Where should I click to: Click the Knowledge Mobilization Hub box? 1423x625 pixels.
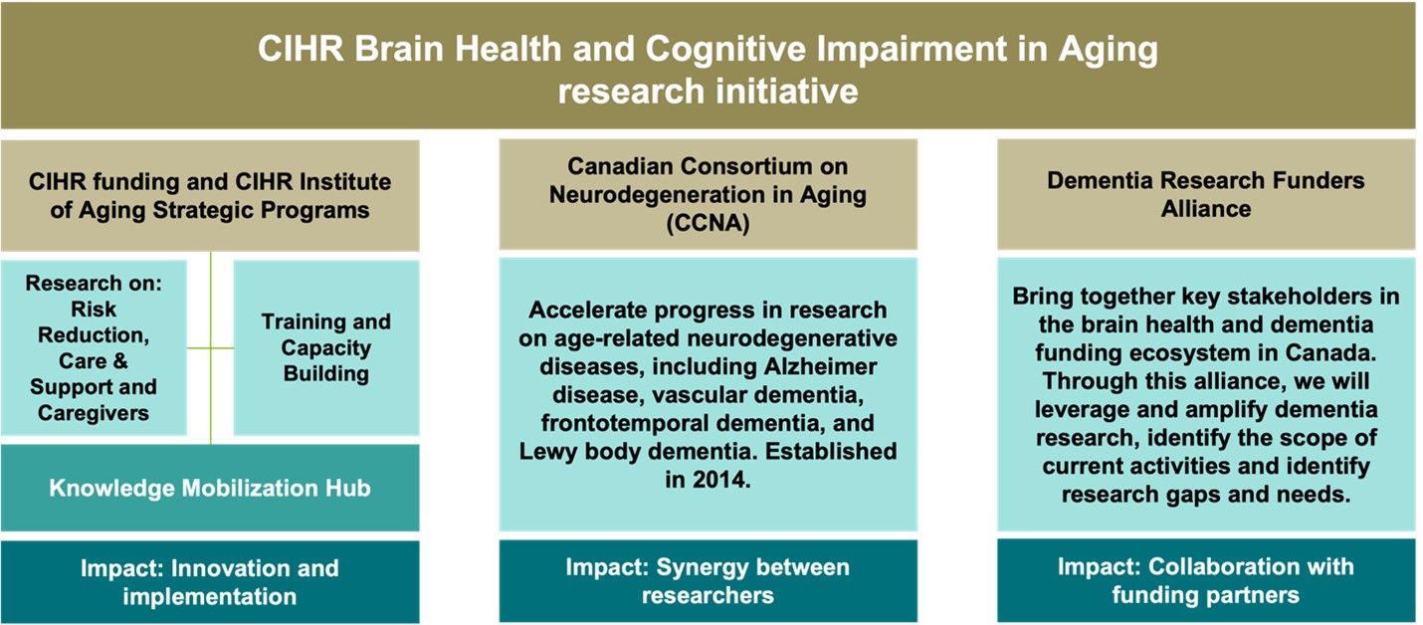tap(210, 488)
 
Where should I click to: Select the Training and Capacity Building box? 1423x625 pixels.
tap(326, 347)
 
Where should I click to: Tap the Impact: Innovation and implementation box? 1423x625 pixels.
tap(210, 582)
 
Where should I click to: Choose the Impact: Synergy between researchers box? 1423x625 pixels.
tap(708, 581)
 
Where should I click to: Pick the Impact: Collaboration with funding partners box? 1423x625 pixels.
tap(1206, 580)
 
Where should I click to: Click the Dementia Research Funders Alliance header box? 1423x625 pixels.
tap(1206, 194)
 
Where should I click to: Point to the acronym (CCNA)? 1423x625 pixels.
tap(708, 223)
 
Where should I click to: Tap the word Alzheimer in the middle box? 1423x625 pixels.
tap(820, 366)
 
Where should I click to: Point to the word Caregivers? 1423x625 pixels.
tap(94, 413)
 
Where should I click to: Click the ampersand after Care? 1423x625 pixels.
tap(120, 361)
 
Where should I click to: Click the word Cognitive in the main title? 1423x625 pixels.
tap(726, 50)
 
